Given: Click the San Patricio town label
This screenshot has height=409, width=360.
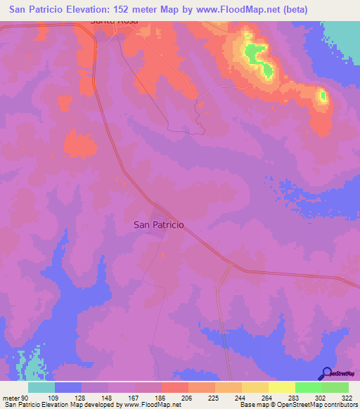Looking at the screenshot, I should tap(158, 225).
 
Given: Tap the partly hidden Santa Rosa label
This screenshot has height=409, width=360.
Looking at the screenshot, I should tap(115, 22).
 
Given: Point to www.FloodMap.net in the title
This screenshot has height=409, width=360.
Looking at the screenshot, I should tap(250, 8).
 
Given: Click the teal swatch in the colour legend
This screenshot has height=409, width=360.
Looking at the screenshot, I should tap(41, 387).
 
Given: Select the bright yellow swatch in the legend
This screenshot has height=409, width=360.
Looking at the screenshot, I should tap(281, 387).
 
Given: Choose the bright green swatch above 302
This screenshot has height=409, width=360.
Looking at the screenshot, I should tap(308, 387).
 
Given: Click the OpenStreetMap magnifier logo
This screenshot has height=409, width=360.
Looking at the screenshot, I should tap(326, 373).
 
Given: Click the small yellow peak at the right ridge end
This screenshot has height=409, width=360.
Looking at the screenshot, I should tap(323, 96).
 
